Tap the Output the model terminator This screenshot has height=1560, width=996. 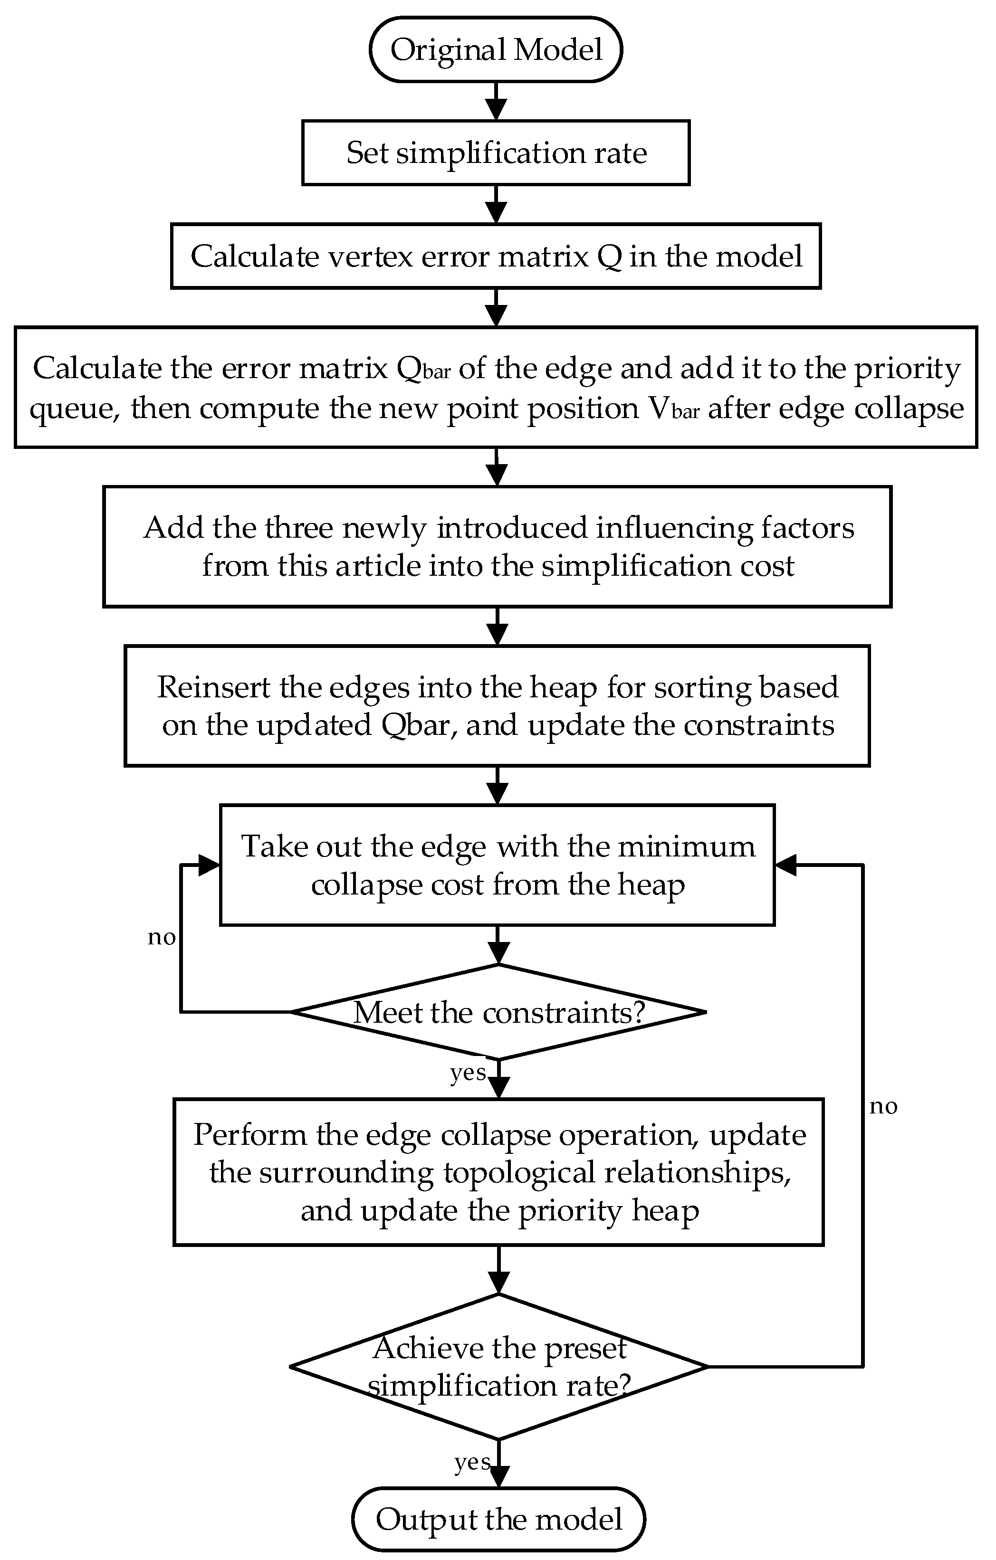pyautogui.click(x=498, y=1519)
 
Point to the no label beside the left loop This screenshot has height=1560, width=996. pyautogui.click(x=162, y=937)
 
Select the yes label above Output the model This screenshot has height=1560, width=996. pyautogui.click(x=472, y=1462)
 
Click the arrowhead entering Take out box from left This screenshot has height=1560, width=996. pyautogui.click(x=209, y=866)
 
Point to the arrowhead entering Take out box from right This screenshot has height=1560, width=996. pyautogui.click(x=786, y=866)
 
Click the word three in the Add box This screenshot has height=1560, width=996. pyautogui.click(x=299, y=528)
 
